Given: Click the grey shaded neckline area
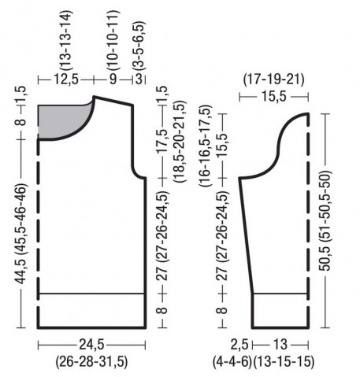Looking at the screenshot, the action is click(61, 120).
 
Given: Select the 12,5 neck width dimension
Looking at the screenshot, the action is click(66, 79).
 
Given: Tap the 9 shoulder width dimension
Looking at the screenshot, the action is click(113, 79).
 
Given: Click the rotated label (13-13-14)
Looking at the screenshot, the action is click(65, 40).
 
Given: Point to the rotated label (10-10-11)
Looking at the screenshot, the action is click(113, 40).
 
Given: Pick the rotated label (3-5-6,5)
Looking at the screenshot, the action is click(139, 46).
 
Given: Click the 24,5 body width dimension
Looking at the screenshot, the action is click(91, 344).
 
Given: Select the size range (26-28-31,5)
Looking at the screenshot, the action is click(91, 362).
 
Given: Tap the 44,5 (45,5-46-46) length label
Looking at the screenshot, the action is click(20, 234).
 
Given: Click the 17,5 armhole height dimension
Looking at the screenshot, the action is click(163, 141).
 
